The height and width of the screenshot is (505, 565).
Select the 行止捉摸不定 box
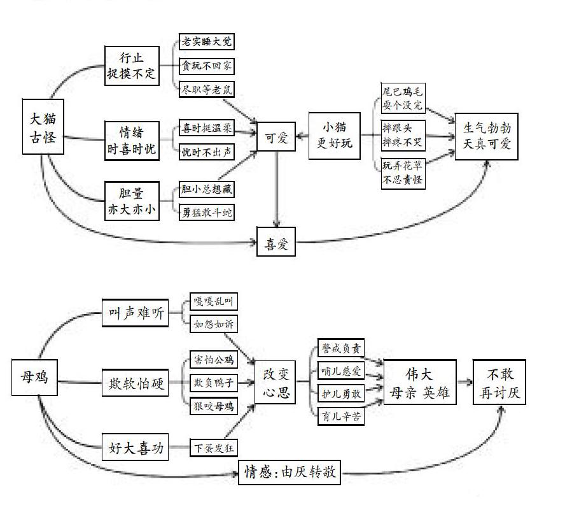pos(132,66)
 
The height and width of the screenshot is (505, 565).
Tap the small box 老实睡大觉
pos(206,42)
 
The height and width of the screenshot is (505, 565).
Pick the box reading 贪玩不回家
pos(206,65)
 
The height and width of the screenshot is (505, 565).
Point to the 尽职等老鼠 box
pos(206,89)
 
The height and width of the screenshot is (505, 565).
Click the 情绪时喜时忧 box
pos(132,141)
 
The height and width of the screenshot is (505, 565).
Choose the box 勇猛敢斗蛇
pos(206,212)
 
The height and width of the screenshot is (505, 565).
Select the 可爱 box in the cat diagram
pos(276,138)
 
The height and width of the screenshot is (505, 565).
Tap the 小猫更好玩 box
pos(334,135)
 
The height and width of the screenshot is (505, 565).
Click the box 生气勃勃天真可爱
pos(487,136)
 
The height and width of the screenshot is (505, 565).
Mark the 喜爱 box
pos(276,241)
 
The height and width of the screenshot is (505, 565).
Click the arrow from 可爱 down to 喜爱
pos(276,188)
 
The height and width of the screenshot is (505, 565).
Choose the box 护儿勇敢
pos(340,394)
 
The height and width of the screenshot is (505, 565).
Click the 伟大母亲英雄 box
pos(420,383)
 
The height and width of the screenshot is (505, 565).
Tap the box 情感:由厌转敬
pos(290,472)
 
